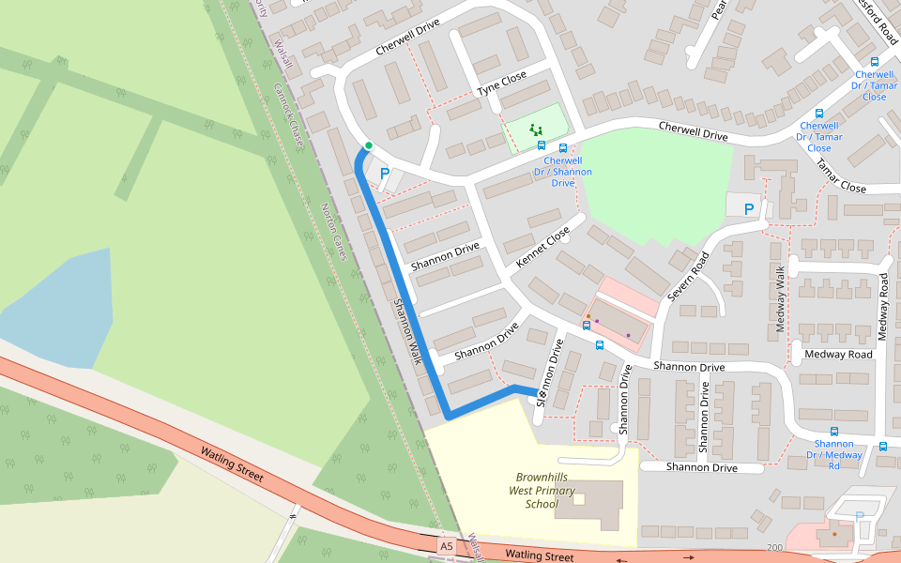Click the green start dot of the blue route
coord(369,145)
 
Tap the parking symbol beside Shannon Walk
coord(384,174)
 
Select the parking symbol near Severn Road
coord(748,209)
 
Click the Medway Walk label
coord(780,299)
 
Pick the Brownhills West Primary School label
coord(541,490)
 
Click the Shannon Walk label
coord(408,332)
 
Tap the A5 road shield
coord(446,545)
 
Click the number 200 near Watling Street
coord(774,547)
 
